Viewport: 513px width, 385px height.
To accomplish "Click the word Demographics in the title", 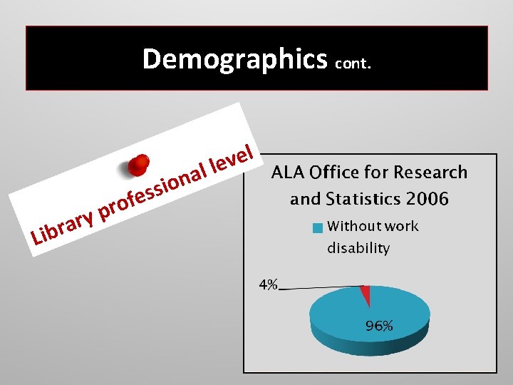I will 234,59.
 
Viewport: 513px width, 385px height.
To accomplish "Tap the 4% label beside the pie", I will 268,285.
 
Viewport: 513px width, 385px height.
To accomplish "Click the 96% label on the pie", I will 379,326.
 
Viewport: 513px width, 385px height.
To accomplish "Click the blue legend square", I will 318,228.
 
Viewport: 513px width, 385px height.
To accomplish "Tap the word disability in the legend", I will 358,248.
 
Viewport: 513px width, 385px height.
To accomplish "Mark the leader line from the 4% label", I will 321,288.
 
